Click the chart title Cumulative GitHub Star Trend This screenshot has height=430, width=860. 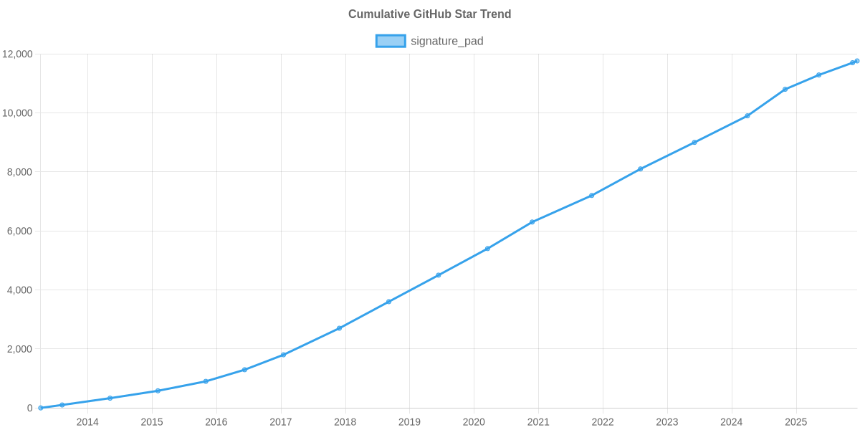pos(429,14)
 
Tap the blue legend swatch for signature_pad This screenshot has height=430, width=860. pos(390,41)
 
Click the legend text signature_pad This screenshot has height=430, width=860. pos(446,41)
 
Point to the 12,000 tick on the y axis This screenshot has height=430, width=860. pos(18,54)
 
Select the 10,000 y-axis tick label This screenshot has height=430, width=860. pos(18,113)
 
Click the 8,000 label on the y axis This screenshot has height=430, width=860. pos(20,172)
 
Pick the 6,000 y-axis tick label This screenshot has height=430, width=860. pos(20,231)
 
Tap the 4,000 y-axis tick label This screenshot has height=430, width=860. pos(20,290)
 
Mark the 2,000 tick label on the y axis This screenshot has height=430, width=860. pos(20,349)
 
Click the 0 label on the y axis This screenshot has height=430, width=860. pos(30,408)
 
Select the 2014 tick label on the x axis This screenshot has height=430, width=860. pos(87,422)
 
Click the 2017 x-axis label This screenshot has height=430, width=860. pos(281,422)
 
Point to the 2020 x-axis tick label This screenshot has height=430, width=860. pos(474,422)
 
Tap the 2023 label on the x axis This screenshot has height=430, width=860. pos(667,422)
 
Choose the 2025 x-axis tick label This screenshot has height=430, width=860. pos(795,422)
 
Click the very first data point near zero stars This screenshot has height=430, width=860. pos(41,408)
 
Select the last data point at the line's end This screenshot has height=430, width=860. pos(857,61)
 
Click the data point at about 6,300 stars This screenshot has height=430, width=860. pos(532,222)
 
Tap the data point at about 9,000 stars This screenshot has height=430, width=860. pos(694,143)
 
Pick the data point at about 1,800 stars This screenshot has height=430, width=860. pos(283,355)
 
